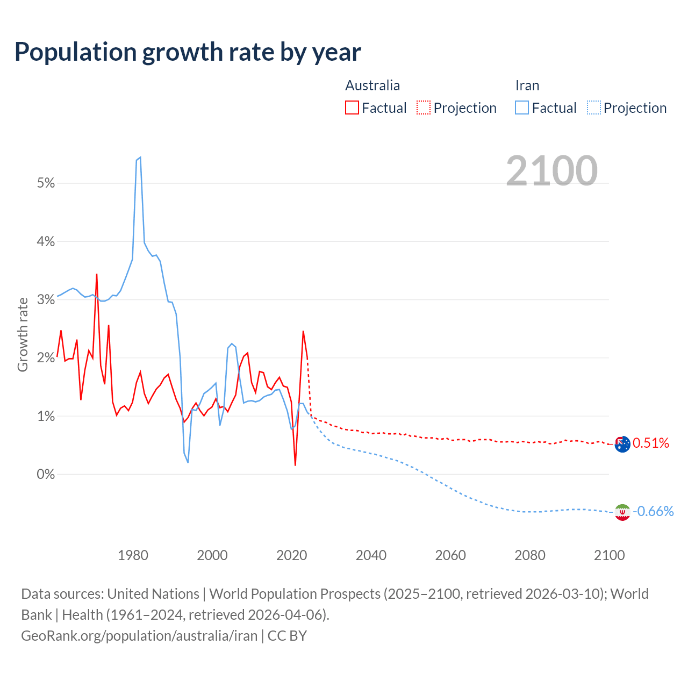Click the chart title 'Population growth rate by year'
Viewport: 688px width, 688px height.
[188, 52]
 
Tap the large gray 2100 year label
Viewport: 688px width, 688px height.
[551, 171]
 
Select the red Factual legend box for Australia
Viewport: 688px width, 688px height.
[352, 107]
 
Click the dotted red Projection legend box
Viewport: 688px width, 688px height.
[424, 107]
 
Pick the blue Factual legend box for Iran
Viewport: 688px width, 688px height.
[521, 107]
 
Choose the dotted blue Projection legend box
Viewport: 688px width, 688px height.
[593, 107]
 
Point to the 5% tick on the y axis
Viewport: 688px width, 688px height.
[46, 183]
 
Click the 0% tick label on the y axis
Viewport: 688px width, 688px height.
[46, 475]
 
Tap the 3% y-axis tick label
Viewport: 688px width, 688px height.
[46, 300]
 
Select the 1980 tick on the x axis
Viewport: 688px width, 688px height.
[133, 555]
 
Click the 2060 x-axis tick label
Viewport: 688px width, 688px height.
[450, 555]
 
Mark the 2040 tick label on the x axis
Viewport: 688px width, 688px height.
[371, 555]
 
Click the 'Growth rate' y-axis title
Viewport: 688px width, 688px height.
[23, 335]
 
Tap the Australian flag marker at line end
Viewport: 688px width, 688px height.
[622, 444]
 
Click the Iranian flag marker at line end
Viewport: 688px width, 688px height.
[622, 512]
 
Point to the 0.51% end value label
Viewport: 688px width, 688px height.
[651, 443]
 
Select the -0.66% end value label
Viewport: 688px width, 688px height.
[653, 511]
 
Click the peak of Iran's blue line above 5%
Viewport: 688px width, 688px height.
[140, 157]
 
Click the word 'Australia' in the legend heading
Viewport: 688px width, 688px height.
[372, 85]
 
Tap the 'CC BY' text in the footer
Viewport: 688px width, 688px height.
[287, 636]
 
